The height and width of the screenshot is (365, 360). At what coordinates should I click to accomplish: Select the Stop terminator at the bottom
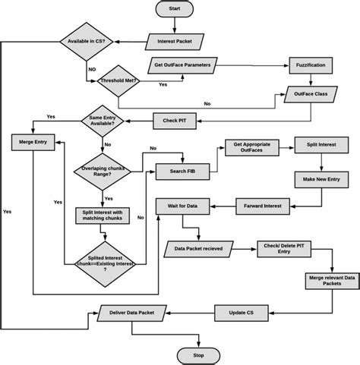click(198, 354)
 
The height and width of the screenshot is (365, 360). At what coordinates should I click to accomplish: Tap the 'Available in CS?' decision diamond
click(87, 40)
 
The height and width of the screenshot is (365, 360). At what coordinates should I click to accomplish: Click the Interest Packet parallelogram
click(174, 40)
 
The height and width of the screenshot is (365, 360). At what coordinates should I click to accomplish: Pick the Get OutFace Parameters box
click(182, 65)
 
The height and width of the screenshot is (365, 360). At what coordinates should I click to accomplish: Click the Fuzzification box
click(310, 65)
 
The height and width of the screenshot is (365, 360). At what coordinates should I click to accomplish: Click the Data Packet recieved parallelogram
click(197, 247)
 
